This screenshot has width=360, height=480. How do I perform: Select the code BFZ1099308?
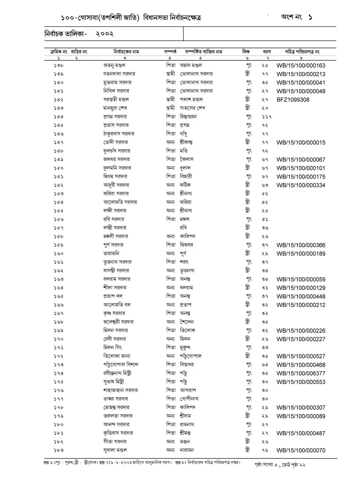tap(293, 100)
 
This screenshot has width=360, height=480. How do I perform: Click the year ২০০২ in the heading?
tap(105, 34)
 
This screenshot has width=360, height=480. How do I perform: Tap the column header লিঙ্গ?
tap(246, 52)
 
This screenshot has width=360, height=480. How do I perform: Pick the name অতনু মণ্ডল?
tap(115, 65)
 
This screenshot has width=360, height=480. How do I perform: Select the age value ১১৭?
tap(267, 117)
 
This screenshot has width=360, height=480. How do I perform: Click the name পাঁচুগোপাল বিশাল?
tap(120, 365)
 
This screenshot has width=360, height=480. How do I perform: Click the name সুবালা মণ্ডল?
tap(116, 450)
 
